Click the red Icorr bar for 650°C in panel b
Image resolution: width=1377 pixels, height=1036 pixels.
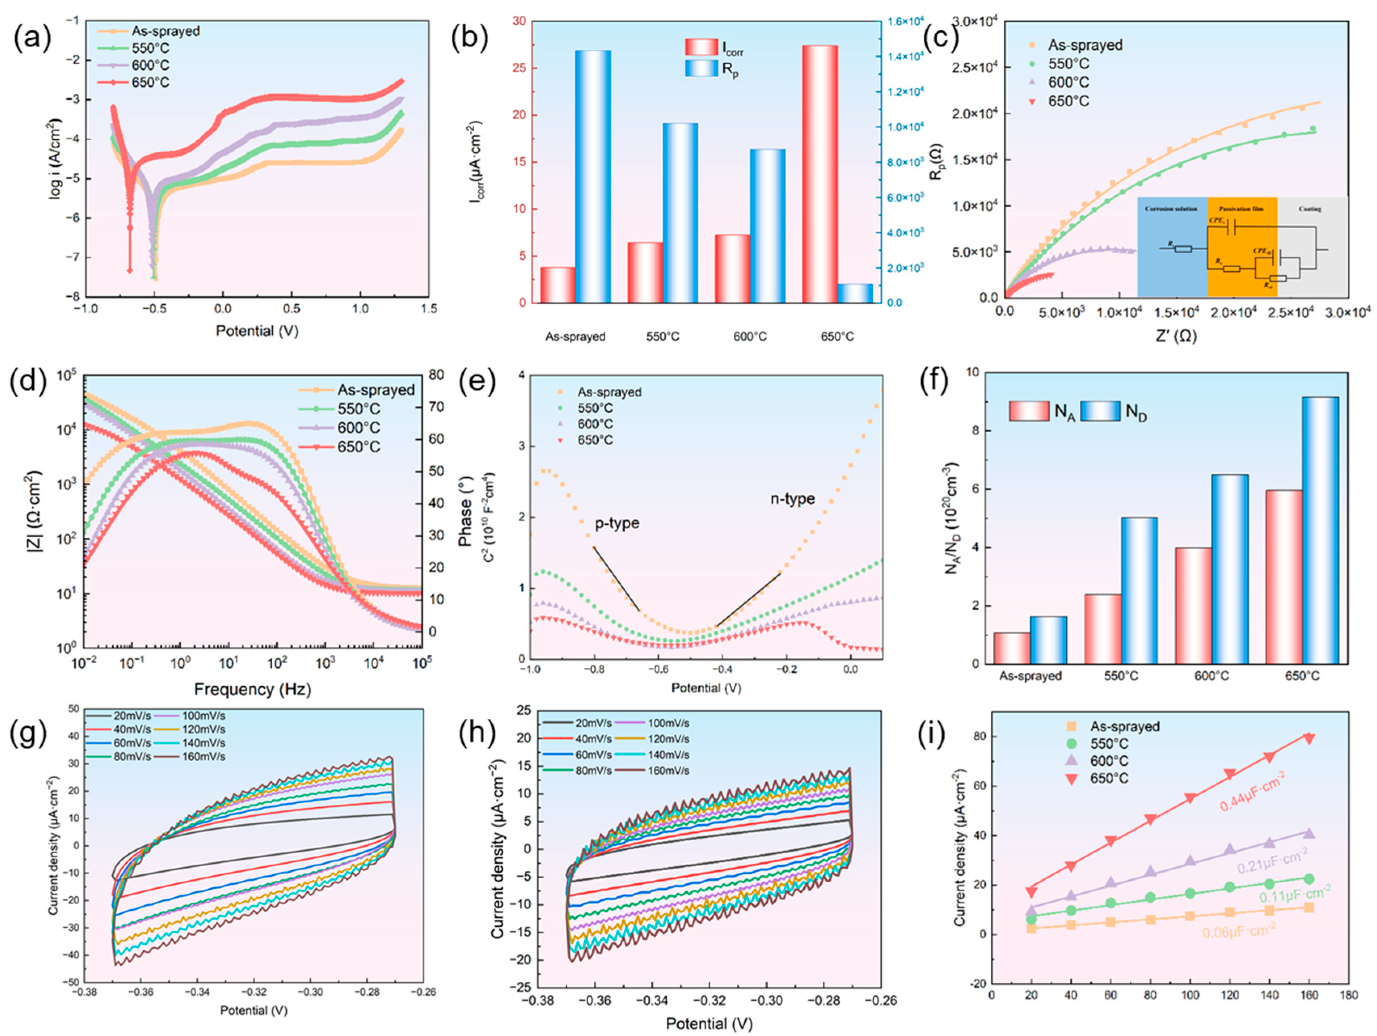pos(819,174)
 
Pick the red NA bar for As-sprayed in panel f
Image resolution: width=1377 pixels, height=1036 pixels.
pos(1012,648)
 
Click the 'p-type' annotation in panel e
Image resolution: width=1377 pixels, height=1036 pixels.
pos(617,523)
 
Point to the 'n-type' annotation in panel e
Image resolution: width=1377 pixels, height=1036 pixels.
pos(792,499)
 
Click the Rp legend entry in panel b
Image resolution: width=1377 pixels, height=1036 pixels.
pos(730,69)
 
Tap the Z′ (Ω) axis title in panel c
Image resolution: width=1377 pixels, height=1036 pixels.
pos(1176,336)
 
